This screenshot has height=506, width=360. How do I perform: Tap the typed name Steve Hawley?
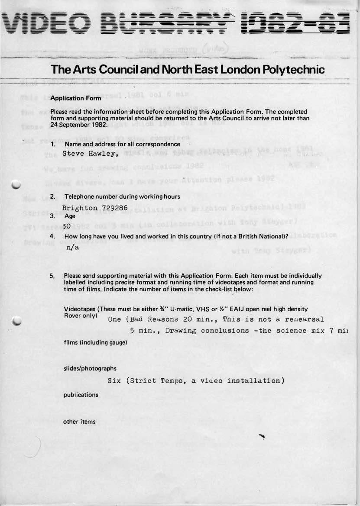click(x=90, y=153)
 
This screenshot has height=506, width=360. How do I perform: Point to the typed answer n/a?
click(x=72, y=248)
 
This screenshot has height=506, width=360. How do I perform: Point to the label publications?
click(x=81, y=395)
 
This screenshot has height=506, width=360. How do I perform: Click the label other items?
click(x=79, y=421)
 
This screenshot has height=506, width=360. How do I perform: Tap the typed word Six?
click(x=114, y=381)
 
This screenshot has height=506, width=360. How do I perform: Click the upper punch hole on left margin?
click(x=16, y=185)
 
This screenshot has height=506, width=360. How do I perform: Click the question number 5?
click(x=52, y=276)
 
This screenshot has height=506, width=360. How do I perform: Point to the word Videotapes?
click(x=80, y=309)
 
